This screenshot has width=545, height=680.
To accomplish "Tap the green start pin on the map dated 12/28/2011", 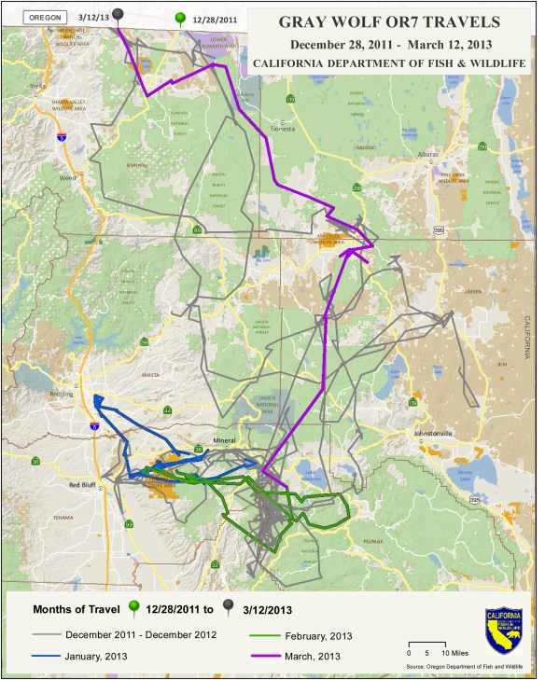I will pos(180,18).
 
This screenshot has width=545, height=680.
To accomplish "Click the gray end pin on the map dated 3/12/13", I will pos(119,15).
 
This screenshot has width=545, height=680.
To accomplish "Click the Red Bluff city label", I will pos(87,485).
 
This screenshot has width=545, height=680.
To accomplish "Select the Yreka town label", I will pos(38,86).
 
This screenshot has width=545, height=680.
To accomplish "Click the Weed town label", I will pos(65,178).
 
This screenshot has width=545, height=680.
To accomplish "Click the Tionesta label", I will pos(281,130).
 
